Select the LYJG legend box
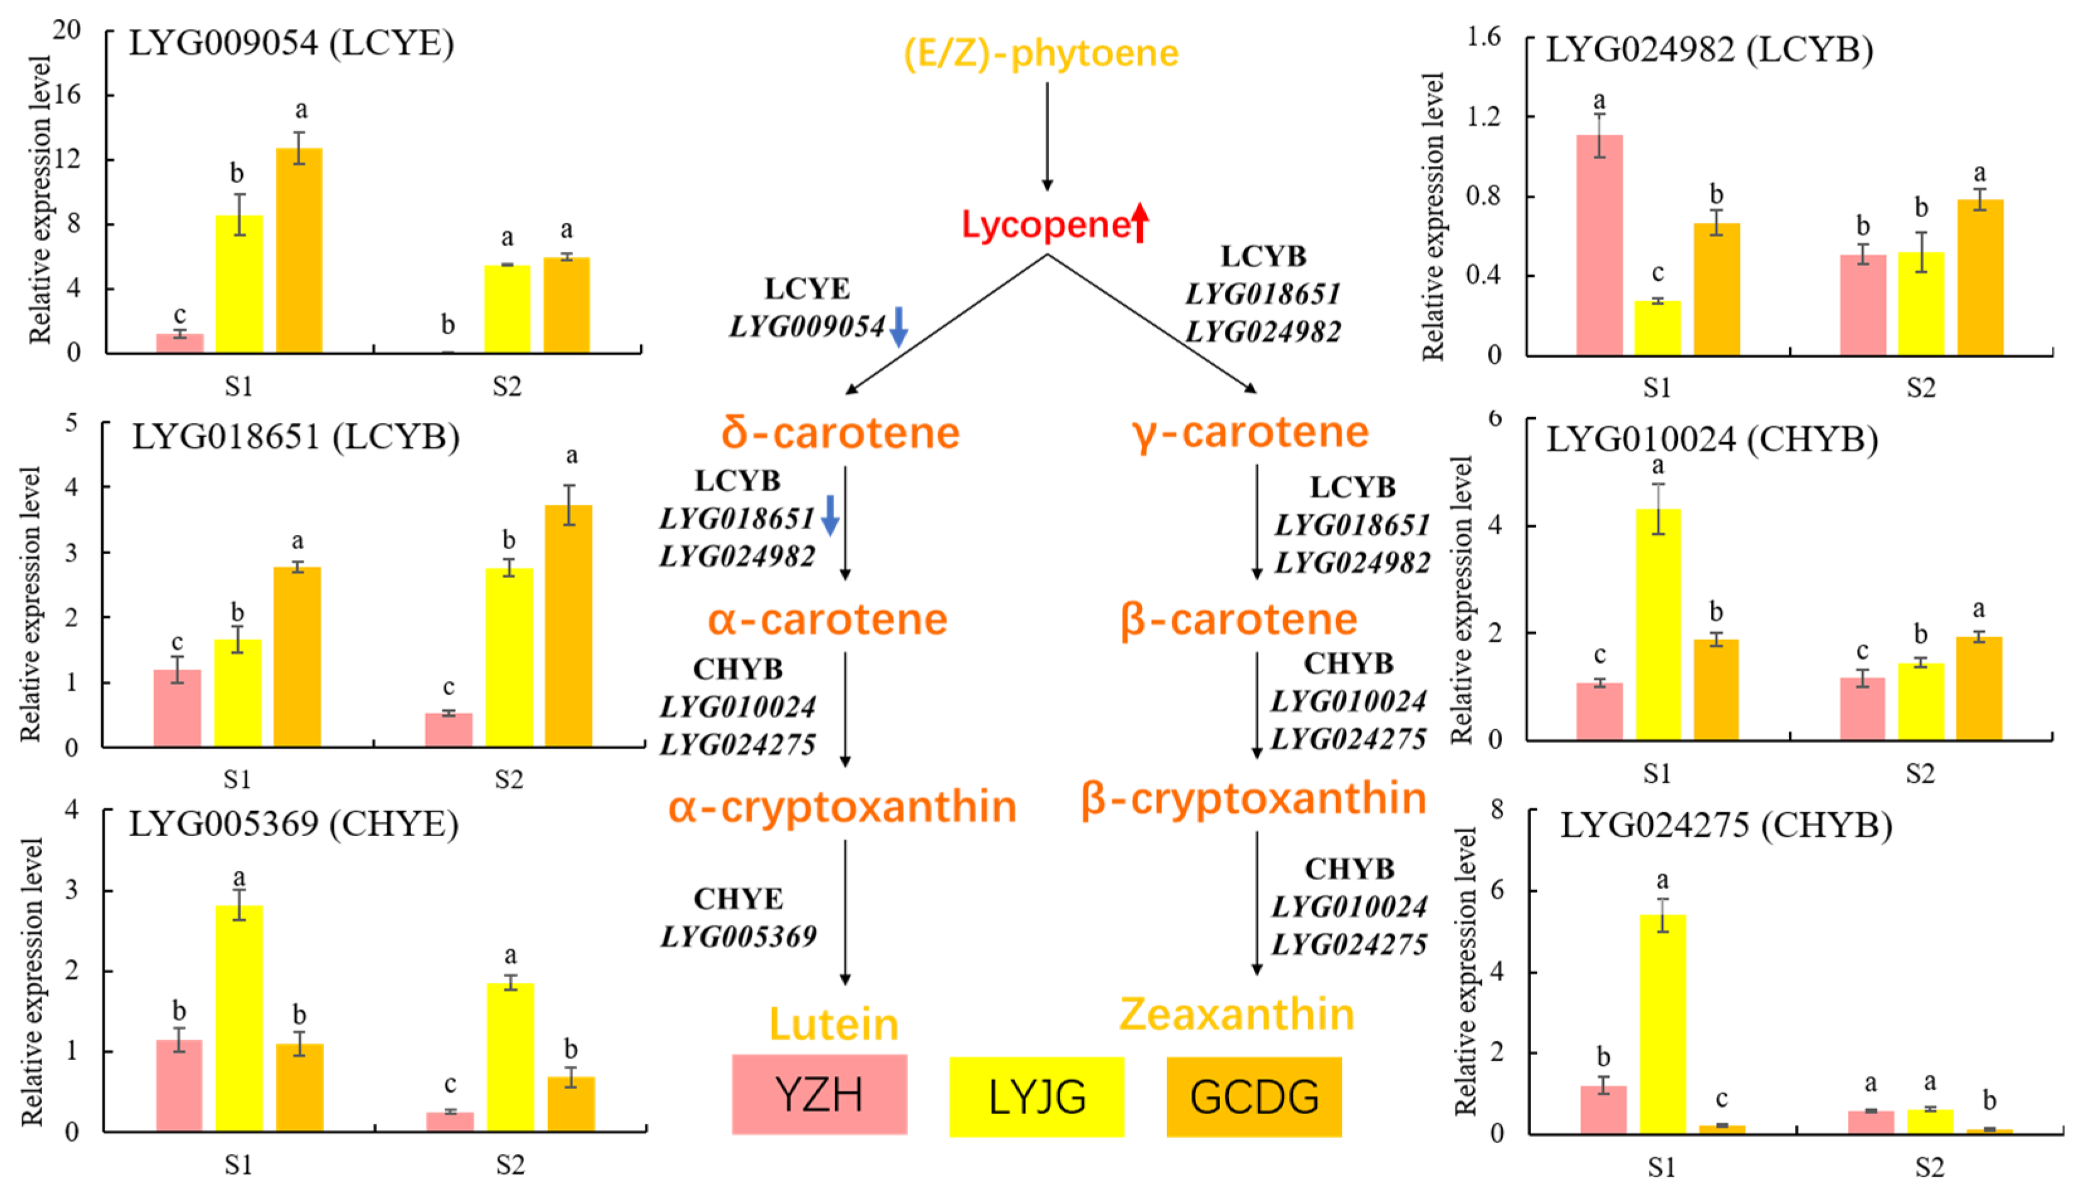point(1036,1097)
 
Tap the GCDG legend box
point(1254,1097)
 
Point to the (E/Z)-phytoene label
point(1041,53)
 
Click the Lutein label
point(834,1024)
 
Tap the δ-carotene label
point(840,433)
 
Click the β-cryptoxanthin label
point(1253,798)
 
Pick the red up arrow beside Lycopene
point(1140,223)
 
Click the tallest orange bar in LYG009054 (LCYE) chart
point(299,250)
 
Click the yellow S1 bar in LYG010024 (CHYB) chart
point(1658,624)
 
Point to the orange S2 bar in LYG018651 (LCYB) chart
point(568,626)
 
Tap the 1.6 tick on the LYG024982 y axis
point(1483,37)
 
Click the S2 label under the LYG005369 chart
point(510,1165)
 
